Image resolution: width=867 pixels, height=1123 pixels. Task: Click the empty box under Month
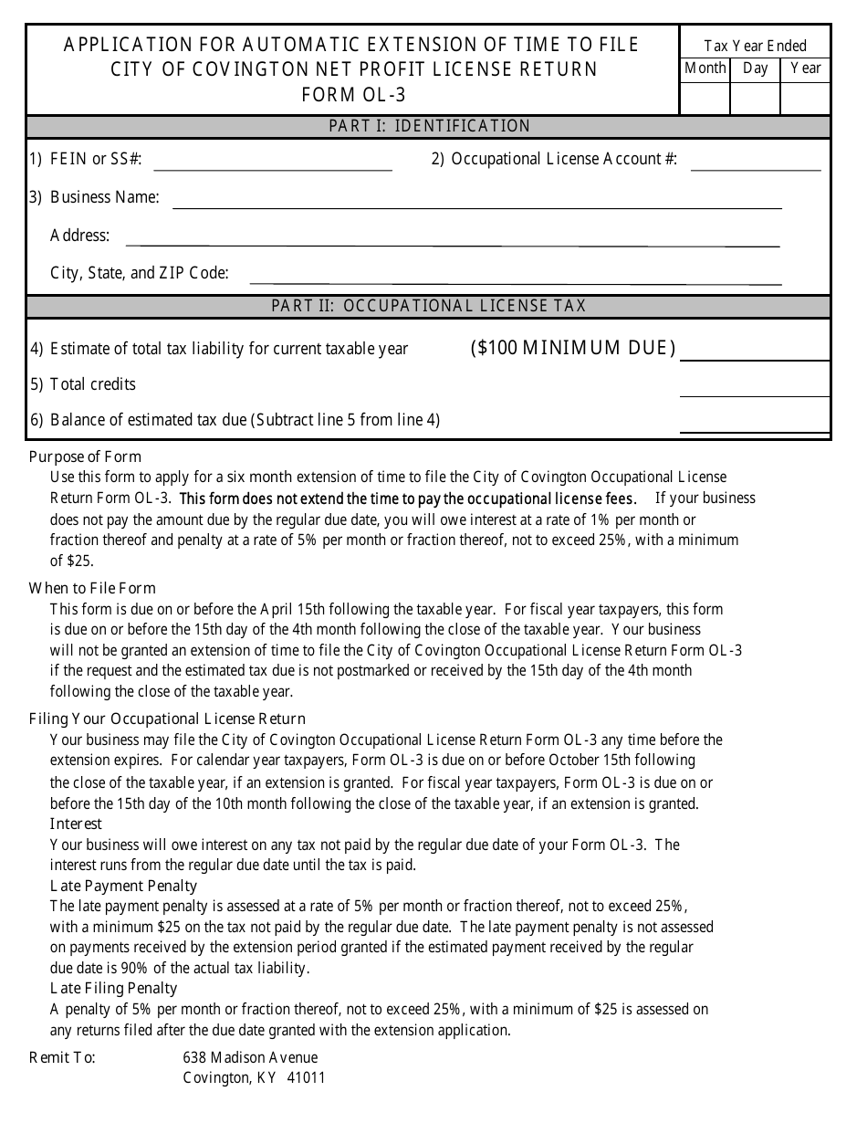click(x=705, y=97)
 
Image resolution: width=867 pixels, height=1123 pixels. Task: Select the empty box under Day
click(x=756, y=97)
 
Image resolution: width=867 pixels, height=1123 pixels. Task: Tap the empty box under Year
click(x=806, y=97)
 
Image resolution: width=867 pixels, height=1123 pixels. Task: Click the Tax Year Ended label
click(x=756, y=46)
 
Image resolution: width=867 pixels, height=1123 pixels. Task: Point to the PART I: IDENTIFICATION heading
click(x=429, y=126)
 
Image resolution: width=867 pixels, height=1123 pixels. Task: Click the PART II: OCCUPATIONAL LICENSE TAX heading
click(x=429, y=306)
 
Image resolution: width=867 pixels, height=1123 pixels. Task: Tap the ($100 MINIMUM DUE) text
click(x=573, y=348)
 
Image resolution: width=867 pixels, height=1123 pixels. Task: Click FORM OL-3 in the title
click(x=353, y=95)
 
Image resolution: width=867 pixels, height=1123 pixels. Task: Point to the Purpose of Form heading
click(x=86, y=457)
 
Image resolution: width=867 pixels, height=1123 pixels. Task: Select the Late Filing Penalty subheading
click(x=114, y=988)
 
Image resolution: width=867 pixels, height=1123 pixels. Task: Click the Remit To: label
click(x=62, y=1057)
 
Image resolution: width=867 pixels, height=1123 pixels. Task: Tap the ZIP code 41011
click(x=306, y=1077)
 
